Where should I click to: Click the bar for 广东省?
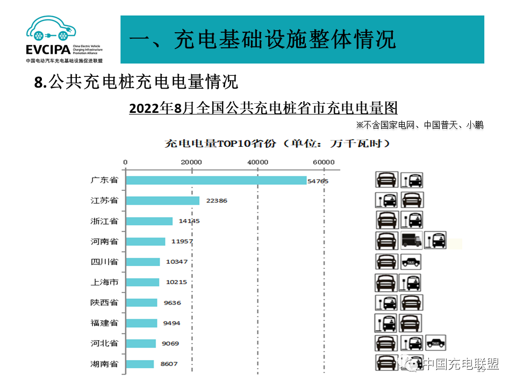[216, 181]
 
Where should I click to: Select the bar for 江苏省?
[162, 200]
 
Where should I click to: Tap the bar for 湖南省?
[140, 364]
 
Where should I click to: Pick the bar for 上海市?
[142, 282]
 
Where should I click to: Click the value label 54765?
[318, 181]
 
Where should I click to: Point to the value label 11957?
[182, 241]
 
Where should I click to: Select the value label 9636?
[172, 303]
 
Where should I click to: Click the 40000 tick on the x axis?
[257, 162]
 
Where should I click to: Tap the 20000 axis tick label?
[191, 162]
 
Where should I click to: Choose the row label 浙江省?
[104, 221]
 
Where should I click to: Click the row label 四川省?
[104, 262]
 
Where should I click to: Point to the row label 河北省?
[104, 343]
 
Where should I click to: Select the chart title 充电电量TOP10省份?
[277, 144]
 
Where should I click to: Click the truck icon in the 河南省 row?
[411, 240]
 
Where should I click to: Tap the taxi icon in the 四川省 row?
[411, 262]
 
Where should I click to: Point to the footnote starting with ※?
[419, 125]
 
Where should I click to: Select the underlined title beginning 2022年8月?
[263, 108]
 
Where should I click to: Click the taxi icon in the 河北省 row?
[435, 342]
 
